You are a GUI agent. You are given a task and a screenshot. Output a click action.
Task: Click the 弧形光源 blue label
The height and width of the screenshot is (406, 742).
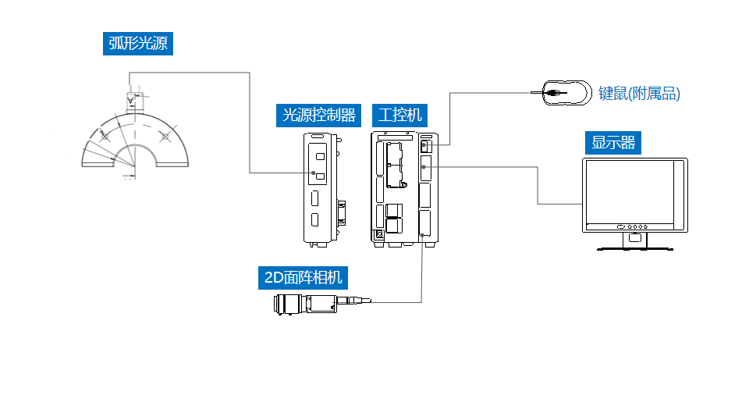click(138, 43)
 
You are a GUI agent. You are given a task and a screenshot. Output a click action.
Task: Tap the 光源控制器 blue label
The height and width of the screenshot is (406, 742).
click(318, 116)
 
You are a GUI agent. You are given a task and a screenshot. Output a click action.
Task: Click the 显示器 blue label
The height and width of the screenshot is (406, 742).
click(613, 143)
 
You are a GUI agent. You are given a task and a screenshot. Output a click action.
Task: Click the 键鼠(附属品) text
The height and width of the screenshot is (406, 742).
click(639, 94)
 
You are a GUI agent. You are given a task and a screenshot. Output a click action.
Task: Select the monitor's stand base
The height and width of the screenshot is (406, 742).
click(634, 247)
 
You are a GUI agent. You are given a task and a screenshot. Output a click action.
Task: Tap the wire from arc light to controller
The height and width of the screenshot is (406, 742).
click(249, 117)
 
